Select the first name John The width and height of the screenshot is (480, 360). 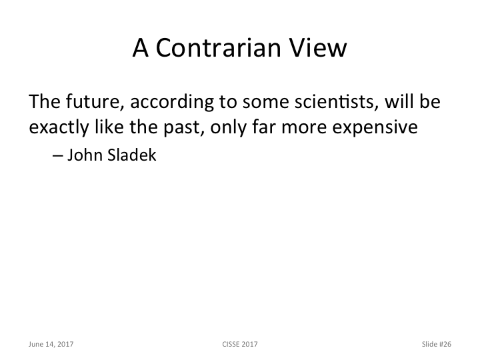83,158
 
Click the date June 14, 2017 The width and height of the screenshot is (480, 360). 51,344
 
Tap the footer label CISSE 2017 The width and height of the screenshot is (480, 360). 240,344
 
